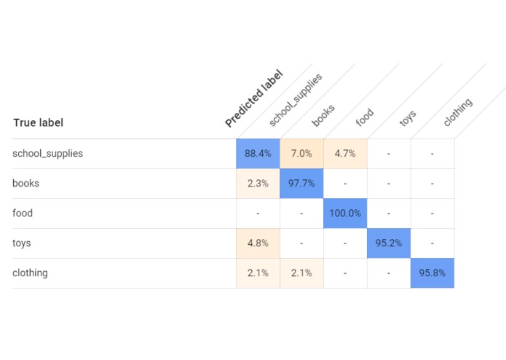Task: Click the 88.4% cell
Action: coord(258,154)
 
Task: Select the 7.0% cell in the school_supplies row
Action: coord(301,154)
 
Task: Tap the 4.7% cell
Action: coord(345,154)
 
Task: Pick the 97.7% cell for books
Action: coord(301,184)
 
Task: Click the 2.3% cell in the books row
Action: coord(258,184)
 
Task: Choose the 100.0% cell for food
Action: coord(345,214)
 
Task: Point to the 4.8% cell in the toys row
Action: coord(258,243)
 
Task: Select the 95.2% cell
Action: coord(389,243)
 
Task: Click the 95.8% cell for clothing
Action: coord(432,273)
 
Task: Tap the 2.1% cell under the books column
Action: coord(301,273)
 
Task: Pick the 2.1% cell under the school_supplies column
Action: coord(258,273)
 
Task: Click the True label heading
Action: coord(38,122)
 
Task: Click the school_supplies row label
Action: coord(47,154)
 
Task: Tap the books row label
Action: coord(25,184)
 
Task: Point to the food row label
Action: coord(23,214)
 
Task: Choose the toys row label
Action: coord(22,243)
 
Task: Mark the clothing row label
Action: coord(30,273)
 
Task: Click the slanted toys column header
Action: coord(408,119)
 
